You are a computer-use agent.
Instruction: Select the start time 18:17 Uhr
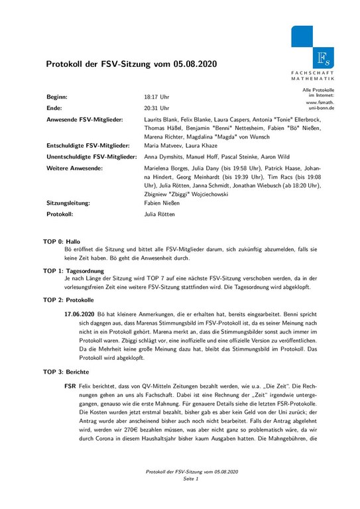(x=156, y=96)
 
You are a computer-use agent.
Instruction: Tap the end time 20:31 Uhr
(x=156, y=107)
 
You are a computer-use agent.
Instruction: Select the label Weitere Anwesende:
(x=74, y=169)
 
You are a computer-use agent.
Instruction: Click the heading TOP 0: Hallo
(x=61, y=243)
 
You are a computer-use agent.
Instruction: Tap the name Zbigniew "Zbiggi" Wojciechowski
(x=187, y=195)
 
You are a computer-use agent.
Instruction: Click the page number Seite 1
(x=192, y=497)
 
